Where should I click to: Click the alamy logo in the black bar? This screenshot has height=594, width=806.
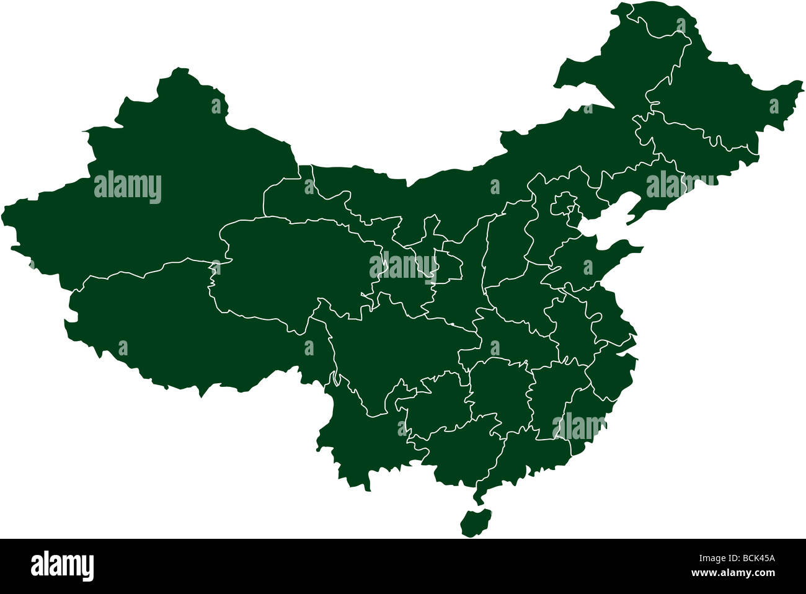coord(62,565)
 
